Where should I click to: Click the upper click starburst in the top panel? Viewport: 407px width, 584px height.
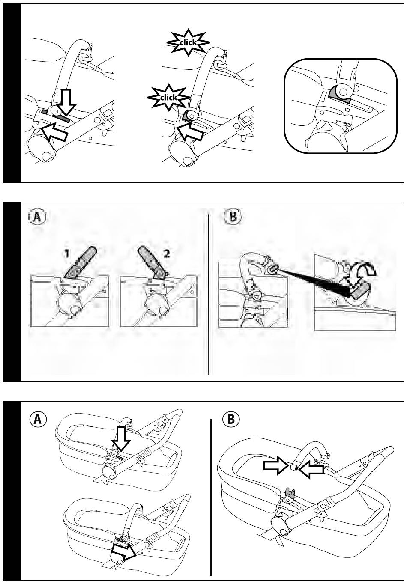(x=188, y=42)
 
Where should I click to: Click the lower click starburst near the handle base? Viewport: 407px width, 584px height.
(x=169, y=98)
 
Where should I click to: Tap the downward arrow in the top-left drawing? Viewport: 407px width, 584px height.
(x=65, y=102)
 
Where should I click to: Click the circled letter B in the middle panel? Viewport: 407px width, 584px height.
(x=233, y=217)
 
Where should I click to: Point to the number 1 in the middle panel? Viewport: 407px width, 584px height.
(x=67, y=253)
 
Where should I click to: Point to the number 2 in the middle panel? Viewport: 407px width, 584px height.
(x=166, y=253)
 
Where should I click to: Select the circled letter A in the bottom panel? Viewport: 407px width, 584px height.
(x=38, y=420)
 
